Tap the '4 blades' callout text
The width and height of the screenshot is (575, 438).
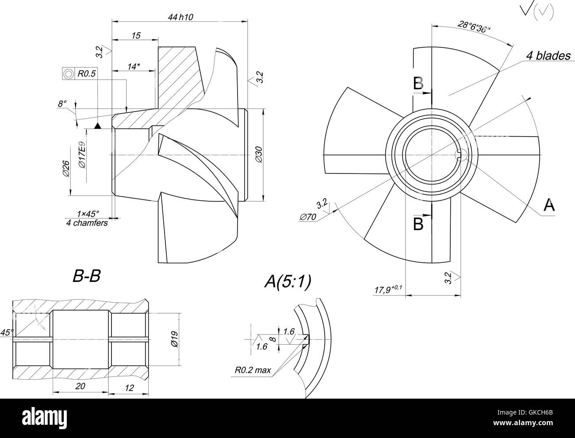(x=548, y=56)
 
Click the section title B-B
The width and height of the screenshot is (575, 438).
(x=87, y=277)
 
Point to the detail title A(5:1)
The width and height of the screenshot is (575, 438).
(x=288, y=281)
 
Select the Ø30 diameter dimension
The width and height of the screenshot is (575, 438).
(x=259, y=155)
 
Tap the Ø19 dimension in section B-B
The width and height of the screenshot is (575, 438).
(x=174, y=339)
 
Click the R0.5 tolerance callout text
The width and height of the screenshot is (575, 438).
(x=87, y=74)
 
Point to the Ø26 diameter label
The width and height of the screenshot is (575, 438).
(x=66, y=168)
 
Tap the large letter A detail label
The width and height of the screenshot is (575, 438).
(x=548, y=205)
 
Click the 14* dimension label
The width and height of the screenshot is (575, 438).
(x=134, y=66)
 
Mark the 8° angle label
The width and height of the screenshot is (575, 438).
(x=62, y=104)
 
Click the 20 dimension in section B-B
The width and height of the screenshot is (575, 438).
(x=80, y=386)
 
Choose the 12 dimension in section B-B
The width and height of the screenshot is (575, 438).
(x=129, y=388)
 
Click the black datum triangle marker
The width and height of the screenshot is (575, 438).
(x=98, y=126)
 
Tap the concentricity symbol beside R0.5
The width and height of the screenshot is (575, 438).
(x=68, y=74)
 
